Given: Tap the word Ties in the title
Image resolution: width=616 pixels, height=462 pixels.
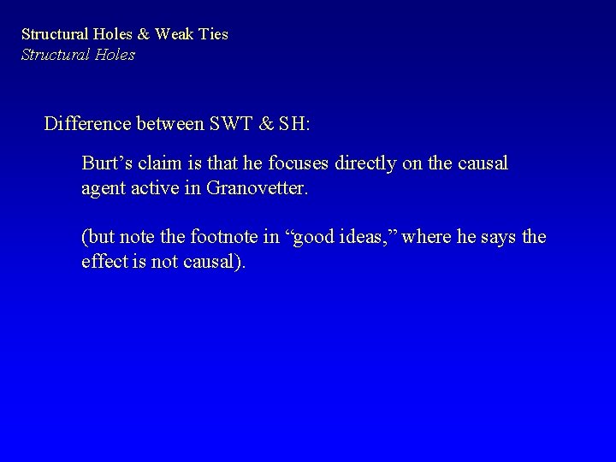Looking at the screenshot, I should (211, 35).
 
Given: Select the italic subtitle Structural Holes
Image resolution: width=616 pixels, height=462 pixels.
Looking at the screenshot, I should (78, 56).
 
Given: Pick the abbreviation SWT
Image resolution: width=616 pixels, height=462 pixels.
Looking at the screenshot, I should (233, 124).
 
